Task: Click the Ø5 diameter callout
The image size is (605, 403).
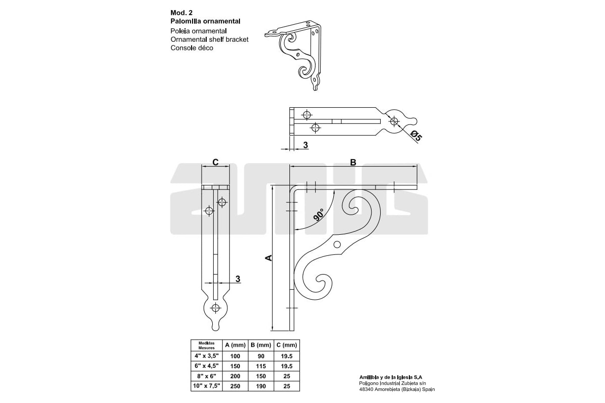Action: coord(415,136)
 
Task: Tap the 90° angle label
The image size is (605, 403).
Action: coord(319,215)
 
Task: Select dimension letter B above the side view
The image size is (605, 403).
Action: coord(353,162)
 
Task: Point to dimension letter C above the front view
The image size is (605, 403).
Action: coord(215,162)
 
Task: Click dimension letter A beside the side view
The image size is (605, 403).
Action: coord(269,258)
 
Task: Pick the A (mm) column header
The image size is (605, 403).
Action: coord(235,345)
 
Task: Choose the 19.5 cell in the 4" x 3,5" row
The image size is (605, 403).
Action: coord(286,356)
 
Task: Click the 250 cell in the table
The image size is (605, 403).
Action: coord(235,386)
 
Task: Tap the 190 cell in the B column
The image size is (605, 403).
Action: coord(261,386)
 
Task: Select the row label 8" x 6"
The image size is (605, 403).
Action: coord(207,376)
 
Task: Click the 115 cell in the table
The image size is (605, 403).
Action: coord(261,366)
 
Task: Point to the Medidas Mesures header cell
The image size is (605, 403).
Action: coord(207,345)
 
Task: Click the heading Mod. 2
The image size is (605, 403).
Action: coord(181,13)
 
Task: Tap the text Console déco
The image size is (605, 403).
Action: coord(192,48)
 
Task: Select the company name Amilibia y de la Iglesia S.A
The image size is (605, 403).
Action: coord(391,377)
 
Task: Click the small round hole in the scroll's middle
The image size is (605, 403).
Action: coord(337,244)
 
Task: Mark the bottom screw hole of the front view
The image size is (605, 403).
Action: coord(216,307)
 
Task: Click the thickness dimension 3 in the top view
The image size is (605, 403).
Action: coord(306,145)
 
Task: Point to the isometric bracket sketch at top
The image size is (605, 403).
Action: coord(293,55)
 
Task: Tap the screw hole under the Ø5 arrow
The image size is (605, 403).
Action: coord(394,121)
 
